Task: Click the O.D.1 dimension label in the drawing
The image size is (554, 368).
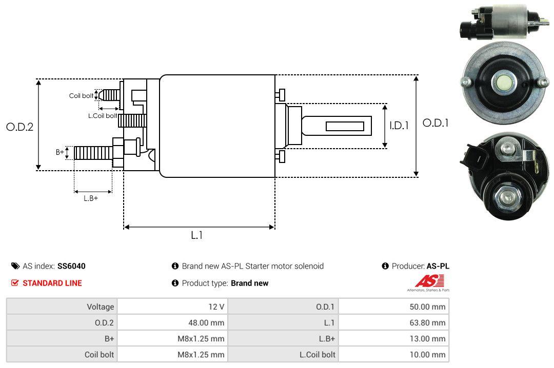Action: tap(436, 123)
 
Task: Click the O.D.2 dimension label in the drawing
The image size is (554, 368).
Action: tap(19, 127)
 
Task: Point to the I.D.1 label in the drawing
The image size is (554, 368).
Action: tap(399, 125)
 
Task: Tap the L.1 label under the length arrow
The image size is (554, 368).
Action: tap(197, 235)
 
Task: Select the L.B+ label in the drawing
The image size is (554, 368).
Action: tap(91, 198)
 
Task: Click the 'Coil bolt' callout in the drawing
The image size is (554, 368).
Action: tap(81, 96)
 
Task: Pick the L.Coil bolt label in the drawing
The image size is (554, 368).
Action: tap(103, 116)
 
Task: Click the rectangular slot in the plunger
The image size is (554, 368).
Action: tap(345, 126)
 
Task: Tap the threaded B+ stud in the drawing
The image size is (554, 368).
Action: tap(92, 152)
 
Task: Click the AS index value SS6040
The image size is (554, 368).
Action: tap(71, 266)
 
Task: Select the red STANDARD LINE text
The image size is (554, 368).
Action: tap(52, 283)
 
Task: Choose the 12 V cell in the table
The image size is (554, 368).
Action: tap(214, 307)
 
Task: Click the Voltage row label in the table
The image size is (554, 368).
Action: tap(100, 307)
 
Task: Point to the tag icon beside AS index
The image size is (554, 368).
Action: tap(15, 266)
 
